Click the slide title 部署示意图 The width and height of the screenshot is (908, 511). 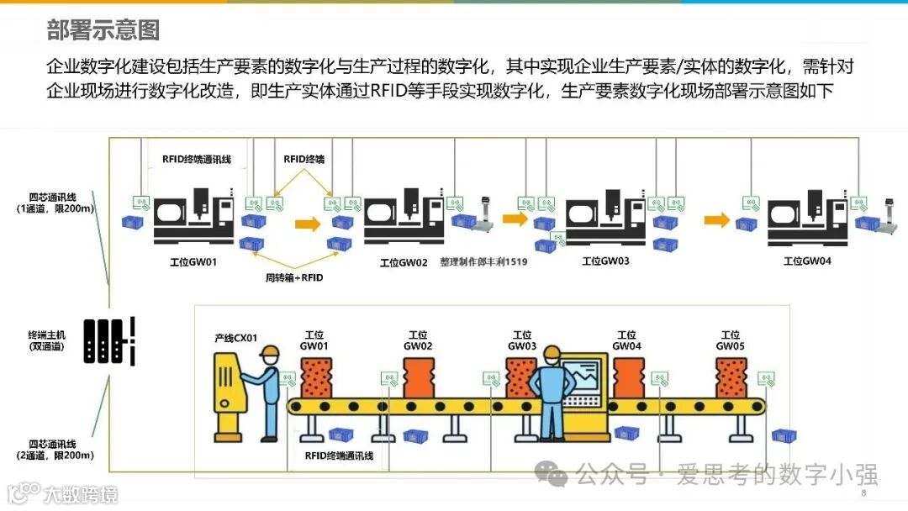click(x=103, y=31)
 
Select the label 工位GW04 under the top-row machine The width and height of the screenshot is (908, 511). click(x=807, y=261)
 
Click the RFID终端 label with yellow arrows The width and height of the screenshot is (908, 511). click(x=304, y=158)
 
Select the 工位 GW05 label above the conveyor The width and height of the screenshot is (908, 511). click(x=731, y=340)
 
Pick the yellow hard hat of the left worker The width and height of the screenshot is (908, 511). click(x=269, y=351)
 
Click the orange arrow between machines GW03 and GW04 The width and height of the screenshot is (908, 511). click(x=716, y=219)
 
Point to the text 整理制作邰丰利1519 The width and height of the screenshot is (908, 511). click(x=483, y=262)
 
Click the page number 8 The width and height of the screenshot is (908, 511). click(x=863, y=493)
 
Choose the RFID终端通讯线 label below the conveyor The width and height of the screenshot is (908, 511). click(x=339, y=456)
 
